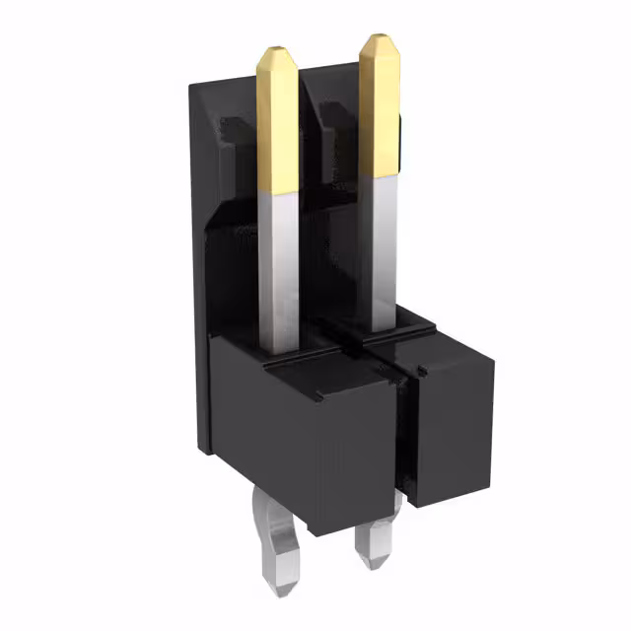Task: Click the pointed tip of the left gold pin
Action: click(x=277, y=48)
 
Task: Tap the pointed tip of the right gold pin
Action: click(x=379, y=38)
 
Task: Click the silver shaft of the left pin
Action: click(x=278, y=266)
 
